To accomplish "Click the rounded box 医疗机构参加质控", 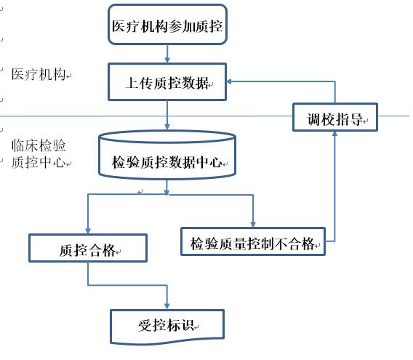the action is [x=167, y=24].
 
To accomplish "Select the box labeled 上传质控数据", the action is [x=167, y=81].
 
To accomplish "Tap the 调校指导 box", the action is [x=335, y=117].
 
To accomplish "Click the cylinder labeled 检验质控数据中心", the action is [x=167, y=155].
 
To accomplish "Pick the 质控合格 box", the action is [x=88, y=248].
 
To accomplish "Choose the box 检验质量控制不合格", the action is [x=253, y=241].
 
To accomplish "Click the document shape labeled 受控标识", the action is [x=167, y=327].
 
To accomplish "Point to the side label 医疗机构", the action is [x=39, y=74].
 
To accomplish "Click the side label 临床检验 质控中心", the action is [x=39, y=153].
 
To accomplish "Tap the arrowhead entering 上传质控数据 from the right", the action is [x=229, y=81].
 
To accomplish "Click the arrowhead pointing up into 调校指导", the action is [x=334, y=134].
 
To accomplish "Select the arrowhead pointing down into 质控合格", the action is [x=88, y=231].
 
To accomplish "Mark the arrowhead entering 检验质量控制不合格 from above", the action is [x=253, y=224].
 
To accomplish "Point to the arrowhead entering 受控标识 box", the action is [x=167, y=306].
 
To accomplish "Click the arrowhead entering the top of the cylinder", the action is [x=167, y=127].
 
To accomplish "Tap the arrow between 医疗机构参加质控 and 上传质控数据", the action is [x=167, y=54].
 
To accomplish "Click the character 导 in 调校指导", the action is [x=356, y=119].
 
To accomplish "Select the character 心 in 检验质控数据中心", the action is [x=216, y=161].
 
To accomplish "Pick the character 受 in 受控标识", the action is [x=145, y=326].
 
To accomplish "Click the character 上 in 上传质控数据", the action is [x=132, y=83].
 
